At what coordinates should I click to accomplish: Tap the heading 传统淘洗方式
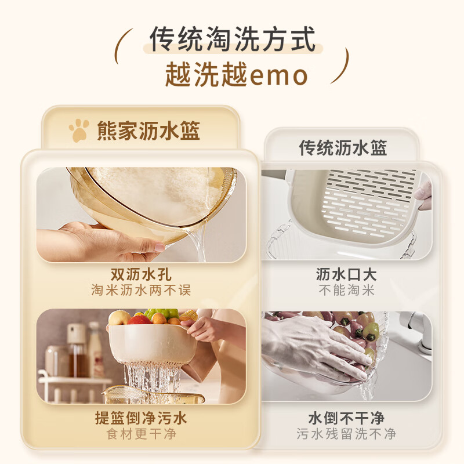pos(233,40)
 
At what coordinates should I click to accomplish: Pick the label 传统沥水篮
pos(343,147)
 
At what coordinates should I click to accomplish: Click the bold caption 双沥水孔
pos(141,274)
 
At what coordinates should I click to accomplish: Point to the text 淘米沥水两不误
pos(141,290)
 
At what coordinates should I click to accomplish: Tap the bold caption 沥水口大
pos(346,274)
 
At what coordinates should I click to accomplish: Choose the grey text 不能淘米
pos(346,290)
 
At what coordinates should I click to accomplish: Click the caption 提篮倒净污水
pos(141,418)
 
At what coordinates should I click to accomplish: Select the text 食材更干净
pos(141,433)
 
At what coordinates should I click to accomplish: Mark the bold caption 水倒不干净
pos(346,418)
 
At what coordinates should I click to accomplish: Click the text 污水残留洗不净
pos(346,433)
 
